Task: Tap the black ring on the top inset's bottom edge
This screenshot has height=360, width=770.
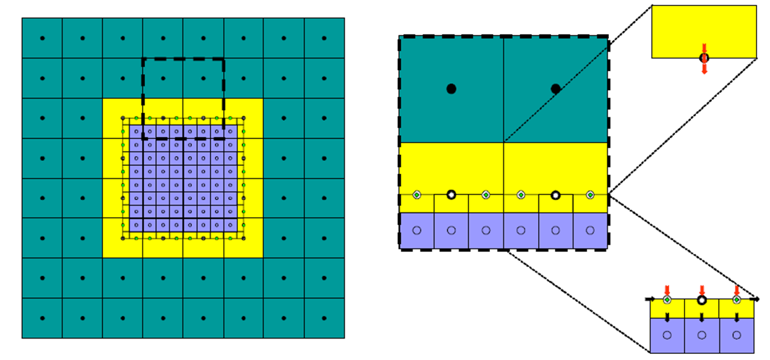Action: click(x=704, y=58)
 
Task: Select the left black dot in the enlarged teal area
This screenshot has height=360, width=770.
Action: click(x=451, y=89)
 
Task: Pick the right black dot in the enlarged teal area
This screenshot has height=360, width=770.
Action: click(x=555, y=89)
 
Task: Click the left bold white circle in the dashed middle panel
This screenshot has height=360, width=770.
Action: click(x=451, y=195)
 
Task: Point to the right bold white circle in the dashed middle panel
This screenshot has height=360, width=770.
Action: click(x=555, y=195)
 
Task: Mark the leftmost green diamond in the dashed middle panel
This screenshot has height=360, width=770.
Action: click(x=417, y=195)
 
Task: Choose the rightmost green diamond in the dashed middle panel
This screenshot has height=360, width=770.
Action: click(x=590, y=195)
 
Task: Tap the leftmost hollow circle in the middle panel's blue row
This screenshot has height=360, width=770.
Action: click(x=417, y=231)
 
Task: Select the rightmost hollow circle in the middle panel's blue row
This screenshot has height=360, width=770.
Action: click(x=590, y=231)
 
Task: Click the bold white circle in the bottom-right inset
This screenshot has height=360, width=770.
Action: click(x=702, y=300)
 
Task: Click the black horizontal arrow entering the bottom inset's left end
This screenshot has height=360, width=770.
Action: click(x=650, y=299)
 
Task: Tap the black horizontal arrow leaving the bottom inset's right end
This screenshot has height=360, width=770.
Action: click(x=755, y=299)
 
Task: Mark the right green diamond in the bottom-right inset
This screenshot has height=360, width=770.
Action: click(x=736, y=300)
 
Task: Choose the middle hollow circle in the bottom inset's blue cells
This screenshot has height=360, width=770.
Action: click(x=702, y=335)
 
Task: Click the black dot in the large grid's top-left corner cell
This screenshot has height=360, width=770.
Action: click(x=42, y=38)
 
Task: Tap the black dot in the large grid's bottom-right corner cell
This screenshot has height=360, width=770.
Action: click(x=324, y=318)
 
